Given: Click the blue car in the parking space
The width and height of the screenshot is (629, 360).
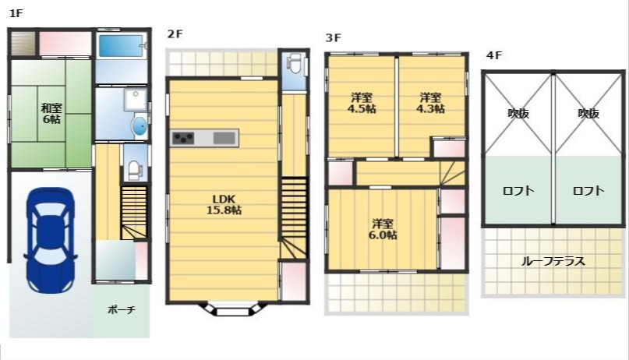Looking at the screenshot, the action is click(x=50, y=239).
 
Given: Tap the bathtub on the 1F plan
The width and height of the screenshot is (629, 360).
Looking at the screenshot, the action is click(x=121, y=46).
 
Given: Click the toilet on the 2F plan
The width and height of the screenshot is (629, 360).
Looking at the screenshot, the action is click(x=295, y=63).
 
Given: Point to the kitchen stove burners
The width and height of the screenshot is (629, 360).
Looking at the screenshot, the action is click(x=183, y=138).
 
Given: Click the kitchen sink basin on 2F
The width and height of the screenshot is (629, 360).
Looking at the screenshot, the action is click(x=224, y=138).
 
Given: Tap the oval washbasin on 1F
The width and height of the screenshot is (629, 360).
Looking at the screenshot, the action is click(x=140, y=126).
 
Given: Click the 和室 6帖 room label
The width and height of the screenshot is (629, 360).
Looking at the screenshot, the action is click(x=51, y=114).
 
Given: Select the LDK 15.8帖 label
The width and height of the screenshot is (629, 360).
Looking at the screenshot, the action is click(x=224, y=204).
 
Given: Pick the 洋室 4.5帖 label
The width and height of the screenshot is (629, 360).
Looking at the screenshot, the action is click(x=362, y=103).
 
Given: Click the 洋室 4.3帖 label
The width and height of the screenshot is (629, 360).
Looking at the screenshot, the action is click(x=430, y=103).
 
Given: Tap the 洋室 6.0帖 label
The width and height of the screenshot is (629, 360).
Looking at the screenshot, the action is click(x=382, y=229).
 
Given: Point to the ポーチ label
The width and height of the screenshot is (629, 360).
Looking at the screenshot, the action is click(x=122, y=310).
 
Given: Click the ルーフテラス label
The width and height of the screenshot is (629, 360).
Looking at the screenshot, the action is click(x=553, y=262).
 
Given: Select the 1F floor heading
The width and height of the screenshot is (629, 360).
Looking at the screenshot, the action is click(x=16, y=13).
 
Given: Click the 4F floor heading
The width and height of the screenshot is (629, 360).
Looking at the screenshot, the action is click(x=494, y=55).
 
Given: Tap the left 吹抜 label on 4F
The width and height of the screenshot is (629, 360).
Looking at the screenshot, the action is click(x=518, y=114).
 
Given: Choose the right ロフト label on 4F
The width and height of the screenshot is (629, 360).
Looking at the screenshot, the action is click(x=588, y=190).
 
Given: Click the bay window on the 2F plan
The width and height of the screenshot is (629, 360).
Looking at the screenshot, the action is click(x=233, y=309).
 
